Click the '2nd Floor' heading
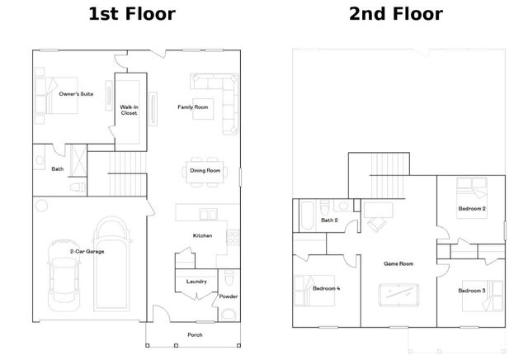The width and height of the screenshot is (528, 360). click(x=395, y=14)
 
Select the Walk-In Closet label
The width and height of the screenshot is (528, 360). click(x=130, y=110)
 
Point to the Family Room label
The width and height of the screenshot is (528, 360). click(x=192, y=107)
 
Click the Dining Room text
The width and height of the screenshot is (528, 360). click(x=205, y=171)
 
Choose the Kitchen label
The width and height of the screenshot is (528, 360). click(x=203, y=236)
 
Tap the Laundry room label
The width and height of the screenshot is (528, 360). click(x=196, y=282)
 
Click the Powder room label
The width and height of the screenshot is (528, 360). click(x=228, y=296)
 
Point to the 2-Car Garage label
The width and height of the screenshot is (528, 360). click(x=88, y=250)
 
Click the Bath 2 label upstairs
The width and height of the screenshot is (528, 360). click(x=328, y=220)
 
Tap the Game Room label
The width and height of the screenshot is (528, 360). click(x=398, y=264)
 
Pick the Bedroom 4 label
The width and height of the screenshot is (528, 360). click(x=326, y=288)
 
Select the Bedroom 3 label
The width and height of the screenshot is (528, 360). click(x=471, y=291)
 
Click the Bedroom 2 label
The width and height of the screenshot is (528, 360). click(x=472, y=209)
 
